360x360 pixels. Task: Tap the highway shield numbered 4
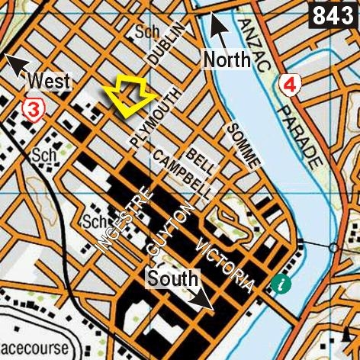(288, 84)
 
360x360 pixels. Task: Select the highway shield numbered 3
(34, 110)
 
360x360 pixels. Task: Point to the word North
(227, 59)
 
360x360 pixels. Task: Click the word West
(49, 81)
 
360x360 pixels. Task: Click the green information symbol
(283, 285)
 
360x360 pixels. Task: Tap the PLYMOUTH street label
(157, 118)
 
